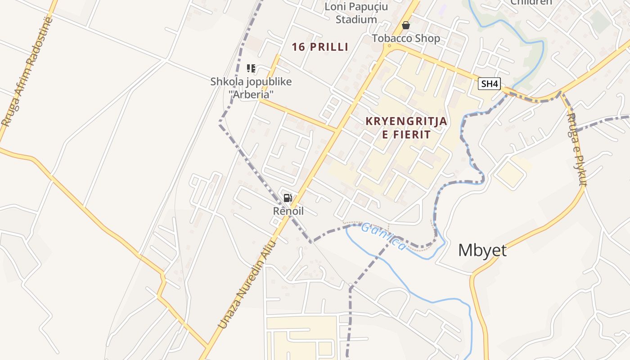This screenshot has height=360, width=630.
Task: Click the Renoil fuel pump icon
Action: point(288,198)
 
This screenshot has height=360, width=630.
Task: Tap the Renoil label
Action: point(288,211)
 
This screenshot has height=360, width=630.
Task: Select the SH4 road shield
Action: point(490,84)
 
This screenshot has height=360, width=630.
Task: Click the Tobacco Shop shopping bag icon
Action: point(406,25)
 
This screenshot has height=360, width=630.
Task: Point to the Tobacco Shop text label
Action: point(406,38)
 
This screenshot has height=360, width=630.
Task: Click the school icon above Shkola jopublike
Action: point(251,68)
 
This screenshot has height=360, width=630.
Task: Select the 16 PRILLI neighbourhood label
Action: point(320,47)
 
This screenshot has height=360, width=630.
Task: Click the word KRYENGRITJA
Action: point(406,121)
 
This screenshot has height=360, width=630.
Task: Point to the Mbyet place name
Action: point(482,250)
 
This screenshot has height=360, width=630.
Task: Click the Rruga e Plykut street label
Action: point(577,149)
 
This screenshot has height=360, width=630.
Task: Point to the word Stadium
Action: point(356,19)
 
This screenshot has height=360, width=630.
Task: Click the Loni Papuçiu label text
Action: point(357,7)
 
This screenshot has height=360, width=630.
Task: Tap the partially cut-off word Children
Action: point(531,2)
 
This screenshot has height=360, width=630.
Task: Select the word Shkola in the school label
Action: point(225,82)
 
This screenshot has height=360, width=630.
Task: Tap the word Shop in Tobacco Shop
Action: point(426,38)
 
